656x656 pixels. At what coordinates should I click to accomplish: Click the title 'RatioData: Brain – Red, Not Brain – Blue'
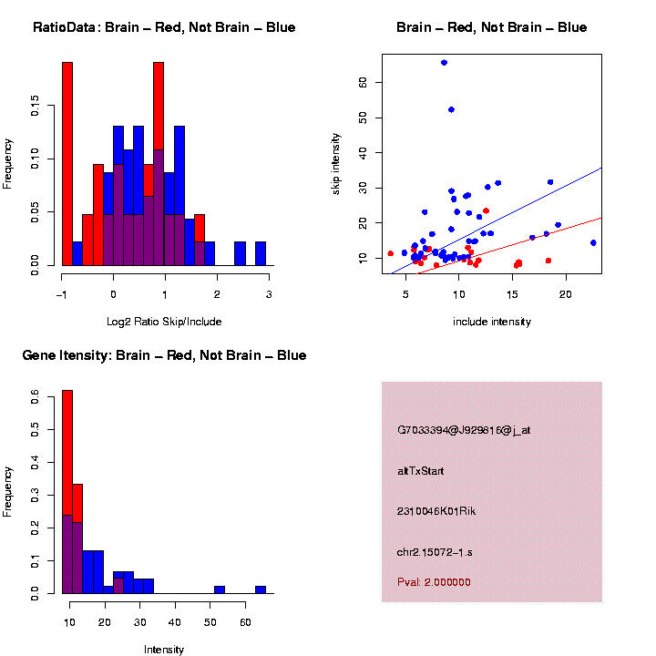pos(164,27)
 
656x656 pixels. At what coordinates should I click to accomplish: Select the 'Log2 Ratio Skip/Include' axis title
pos(165,321)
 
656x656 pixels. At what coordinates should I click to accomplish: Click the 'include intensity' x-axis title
pos(492,321)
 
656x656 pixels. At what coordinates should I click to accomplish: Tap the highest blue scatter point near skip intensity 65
pos(444,62)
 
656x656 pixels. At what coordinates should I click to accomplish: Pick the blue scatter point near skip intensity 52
pos(451,109)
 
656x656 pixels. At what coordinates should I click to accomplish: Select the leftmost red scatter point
pos(391,253)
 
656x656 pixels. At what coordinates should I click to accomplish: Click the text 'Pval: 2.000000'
pos(434,581)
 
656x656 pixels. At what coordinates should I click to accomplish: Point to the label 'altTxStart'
pos(421,471)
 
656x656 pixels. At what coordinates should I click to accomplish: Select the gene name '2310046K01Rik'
pos(436,511)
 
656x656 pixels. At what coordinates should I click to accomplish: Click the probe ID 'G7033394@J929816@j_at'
pos(464,430)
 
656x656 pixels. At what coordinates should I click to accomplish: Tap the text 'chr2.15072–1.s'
pos(435,552)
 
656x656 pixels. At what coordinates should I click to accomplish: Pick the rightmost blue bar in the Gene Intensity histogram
pos(261,589)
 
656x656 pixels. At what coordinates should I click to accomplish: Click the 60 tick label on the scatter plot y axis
pos(362,82)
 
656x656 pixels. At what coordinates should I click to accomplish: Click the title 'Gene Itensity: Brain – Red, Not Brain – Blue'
pos(164,355)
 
